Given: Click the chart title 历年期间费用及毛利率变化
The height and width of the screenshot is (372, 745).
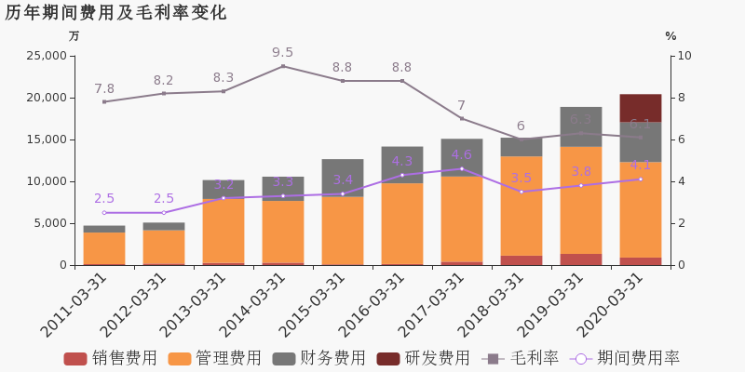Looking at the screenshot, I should point(115,13).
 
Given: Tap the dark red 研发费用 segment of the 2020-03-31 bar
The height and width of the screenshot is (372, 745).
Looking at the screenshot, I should point(640,108).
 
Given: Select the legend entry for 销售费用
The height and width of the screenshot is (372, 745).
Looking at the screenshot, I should point(111,358).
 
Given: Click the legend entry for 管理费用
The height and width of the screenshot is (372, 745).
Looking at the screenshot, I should point(215,358).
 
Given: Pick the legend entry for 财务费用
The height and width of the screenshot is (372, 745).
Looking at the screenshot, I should point(319,358).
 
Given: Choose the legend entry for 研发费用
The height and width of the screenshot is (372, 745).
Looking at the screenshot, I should point(424,358).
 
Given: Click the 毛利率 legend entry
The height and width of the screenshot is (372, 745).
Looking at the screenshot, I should point(521,358).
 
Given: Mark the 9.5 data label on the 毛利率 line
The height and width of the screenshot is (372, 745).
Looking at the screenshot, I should point(282,53).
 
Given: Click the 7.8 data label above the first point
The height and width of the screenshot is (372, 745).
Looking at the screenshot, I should point(104,89).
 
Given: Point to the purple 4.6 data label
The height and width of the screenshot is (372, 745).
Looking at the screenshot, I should point(462,155).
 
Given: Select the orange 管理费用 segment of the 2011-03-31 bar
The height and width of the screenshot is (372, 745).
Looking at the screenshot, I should point(104,247).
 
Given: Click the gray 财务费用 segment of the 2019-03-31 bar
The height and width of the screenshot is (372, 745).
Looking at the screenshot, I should point(580,126).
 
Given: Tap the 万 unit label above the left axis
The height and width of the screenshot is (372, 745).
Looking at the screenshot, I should point(74,36).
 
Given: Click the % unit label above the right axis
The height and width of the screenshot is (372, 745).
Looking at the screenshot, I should point(670,36).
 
